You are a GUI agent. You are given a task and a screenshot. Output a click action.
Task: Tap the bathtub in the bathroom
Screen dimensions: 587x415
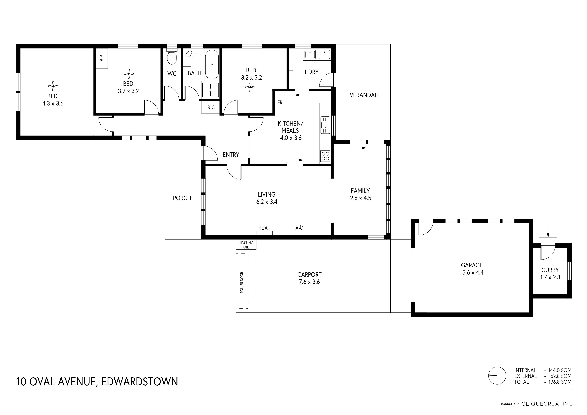tap(212, 64)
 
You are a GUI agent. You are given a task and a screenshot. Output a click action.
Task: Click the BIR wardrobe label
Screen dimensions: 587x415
tap(102, 58)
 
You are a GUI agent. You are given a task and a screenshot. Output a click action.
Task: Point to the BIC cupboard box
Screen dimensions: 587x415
tap(211, 107)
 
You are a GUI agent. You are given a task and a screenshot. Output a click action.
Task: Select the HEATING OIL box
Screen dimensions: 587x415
tap(246, 245)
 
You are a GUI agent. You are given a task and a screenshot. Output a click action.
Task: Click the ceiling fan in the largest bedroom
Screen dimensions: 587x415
tap(53, 86)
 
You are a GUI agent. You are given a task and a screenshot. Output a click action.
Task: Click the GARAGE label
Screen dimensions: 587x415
tap(472, 265)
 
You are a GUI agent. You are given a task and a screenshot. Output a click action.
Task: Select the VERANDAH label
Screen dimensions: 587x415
tap(364, 95)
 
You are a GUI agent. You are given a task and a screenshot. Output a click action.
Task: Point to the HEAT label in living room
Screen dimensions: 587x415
tap(264, 228)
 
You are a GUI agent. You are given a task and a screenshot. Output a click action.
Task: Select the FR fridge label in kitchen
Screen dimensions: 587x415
tap(280, 102)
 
